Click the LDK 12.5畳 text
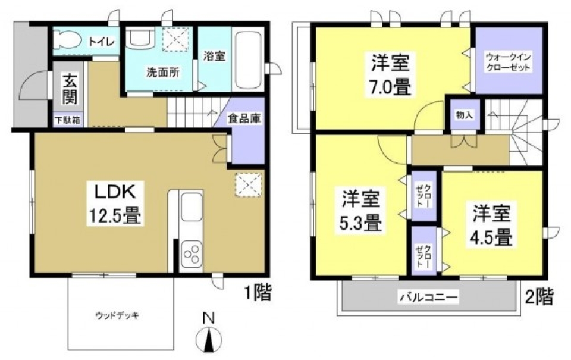[117, 203]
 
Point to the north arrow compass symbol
[208, 338]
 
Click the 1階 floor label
[256, 292]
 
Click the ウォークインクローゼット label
[508, 62]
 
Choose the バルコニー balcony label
[428, 296]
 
